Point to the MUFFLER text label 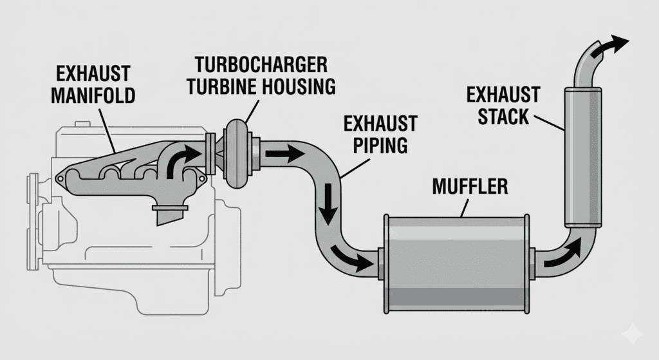click(x=470, y=187)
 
